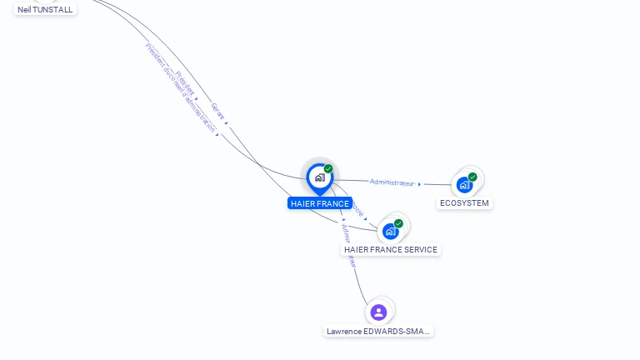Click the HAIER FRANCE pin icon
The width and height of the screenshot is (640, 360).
pos(319,177)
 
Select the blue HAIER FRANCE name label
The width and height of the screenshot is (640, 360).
pos(320,203)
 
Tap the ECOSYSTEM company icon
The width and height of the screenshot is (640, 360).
pos(464,185)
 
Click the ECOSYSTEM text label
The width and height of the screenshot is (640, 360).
pos(464,203)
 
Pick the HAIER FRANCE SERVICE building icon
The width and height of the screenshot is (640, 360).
pos(390,231)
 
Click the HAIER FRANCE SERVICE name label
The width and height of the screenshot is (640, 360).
pos(390,250)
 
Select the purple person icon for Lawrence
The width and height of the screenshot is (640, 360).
pos(378,312)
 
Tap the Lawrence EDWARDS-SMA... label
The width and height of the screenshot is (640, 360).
pos(379,332)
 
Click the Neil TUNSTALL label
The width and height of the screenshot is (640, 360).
pos(45,10)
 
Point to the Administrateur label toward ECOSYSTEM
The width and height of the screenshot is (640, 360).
pos(392,182)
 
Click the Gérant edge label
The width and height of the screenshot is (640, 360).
pos(217,111)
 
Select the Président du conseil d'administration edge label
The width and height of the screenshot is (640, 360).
pos(179,87)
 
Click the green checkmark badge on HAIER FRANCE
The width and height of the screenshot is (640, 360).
pos(328,168)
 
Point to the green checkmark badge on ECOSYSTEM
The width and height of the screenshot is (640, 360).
pos(472,177)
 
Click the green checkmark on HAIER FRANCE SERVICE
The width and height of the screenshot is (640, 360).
pos(398,223)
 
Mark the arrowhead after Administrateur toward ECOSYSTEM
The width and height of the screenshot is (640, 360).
pos(419,184)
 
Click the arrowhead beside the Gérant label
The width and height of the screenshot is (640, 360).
pos(226,122)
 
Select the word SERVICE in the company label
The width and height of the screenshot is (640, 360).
pos(417,250)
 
